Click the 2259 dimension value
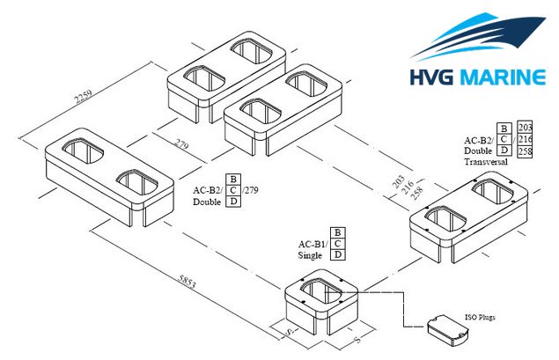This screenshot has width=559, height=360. click(83, 96)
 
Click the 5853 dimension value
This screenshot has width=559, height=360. click(187, 282)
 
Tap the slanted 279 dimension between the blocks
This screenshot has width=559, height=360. click(181, 143)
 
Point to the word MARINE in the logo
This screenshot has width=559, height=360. click(505, 77)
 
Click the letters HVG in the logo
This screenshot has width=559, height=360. click(431, 77)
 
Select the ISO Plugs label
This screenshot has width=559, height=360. click(480, 317)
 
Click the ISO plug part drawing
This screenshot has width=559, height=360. click(448, 330)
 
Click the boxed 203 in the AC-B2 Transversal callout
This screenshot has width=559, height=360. click(525, 128)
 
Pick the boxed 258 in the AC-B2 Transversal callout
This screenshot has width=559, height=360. click(525, 151)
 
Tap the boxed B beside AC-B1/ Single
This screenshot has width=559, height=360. click(338, 232)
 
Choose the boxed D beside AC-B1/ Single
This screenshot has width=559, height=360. click(338, 254)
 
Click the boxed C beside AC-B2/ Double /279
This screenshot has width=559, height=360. click(233, 190)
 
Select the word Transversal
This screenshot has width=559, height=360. click(486, 162)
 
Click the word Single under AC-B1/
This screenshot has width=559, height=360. click(310, 255)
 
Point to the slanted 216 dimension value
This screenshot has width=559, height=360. click(408, 187)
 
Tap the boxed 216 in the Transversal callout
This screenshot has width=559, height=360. click(525, 139)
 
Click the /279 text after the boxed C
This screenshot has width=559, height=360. click(250, 190)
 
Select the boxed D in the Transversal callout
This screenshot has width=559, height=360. click(504, 151)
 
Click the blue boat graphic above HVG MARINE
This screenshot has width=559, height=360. click(478, 36)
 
